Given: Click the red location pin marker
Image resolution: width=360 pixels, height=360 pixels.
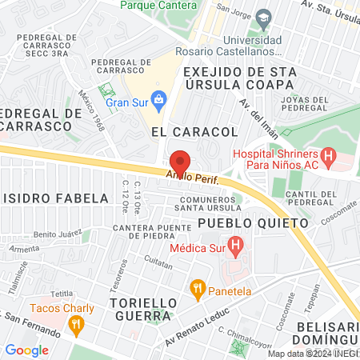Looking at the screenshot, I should tap(180, 161).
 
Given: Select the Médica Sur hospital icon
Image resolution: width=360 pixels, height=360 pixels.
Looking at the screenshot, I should tap(234, 244).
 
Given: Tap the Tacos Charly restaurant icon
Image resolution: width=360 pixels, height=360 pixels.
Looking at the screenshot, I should tap(77, 324).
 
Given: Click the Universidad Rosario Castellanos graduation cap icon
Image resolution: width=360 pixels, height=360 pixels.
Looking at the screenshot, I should tap(264, 18).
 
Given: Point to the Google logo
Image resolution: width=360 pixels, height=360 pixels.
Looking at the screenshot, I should tap(26, 350).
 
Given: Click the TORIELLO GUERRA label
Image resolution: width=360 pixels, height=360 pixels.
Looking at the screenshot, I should tap(141, 309).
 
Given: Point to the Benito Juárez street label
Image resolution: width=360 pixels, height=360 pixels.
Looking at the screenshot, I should tap(58, 234).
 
